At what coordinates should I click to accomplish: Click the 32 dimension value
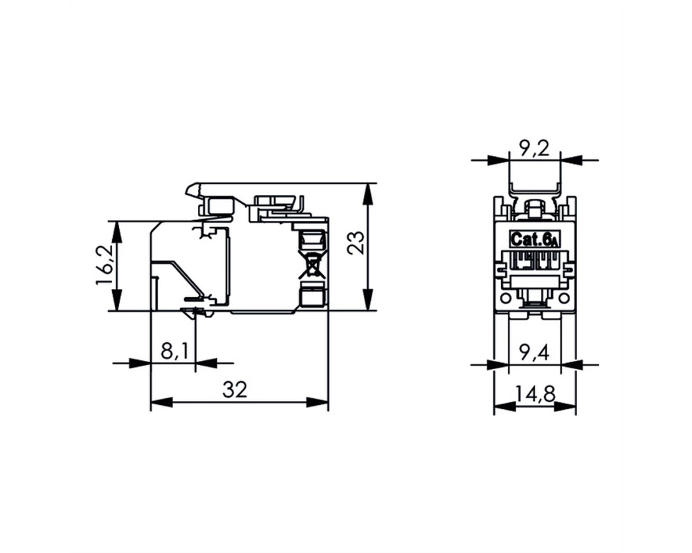click(x=235, y=389)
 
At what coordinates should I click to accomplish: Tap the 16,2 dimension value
click(x=105, y=264)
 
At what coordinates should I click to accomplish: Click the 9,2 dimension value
click(x=534, y=149)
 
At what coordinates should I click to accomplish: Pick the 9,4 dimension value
click(x=534, y=353)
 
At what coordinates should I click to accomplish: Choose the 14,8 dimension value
click(x=534, y=393)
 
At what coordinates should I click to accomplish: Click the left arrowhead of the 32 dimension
click(x=161, y=402)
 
